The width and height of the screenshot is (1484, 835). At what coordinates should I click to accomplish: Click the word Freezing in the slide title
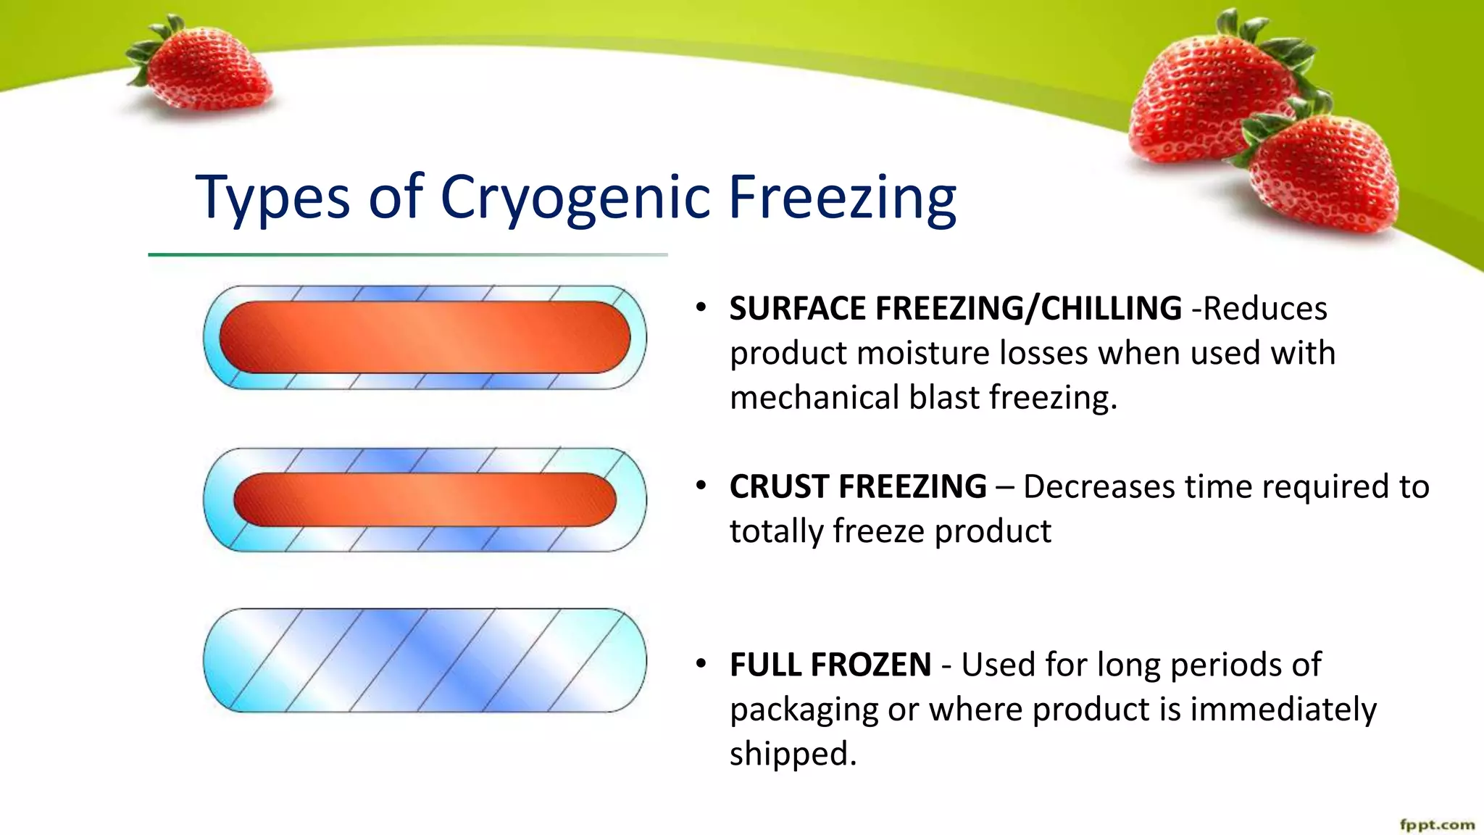[842, 197]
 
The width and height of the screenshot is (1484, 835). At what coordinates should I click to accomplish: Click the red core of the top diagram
[425, 338]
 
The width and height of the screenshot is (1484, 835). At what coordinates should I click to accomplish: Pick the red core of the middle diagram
[425, 499]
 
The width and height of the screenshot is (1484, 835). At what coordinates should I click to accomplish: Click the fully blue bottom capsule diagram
[425, 660]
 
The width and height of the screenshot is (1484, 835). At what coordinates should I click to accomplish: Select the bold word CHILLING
[1111, 309]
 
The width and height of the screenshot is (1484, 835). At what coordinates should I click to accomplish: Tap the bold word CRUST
[778, 486]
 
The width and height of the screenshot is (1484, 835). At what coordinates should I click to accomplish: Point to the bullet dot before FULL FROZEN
[701, 663]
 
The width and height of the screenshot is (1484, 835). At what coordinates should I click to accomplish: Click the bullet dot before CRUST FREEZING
[701, 485]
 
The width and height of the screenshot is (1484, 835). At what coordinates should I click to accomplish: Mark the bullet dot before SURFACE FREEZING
[701, 307]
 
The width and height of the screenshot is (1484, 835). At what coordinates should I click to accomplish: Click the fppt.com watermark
[1436, 825]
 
